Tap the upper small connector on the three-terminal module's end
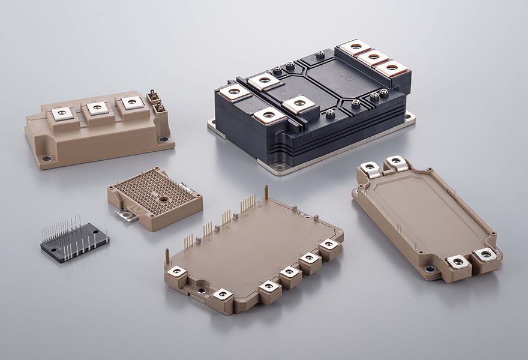click(x=154, y=96)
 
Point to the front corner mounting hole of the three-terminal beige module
click(x=46, y=159)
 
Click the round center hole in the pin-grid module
click(x=163, y=197)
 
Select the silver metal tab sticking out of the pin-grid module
click(x=127, y=214)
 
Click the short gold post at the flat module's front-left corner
click(x=167, y=256)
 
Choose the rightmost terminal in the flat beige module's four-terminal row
click(x=329, y=245)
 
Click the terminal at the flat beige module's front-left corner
click(x=178, y=272)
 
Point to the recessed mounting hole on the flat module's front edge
click(x=202, y=291)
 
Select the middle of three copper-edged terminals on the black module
click(x=373, y=58)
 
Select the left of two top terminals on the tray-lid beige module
click(x=370, y=167)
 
